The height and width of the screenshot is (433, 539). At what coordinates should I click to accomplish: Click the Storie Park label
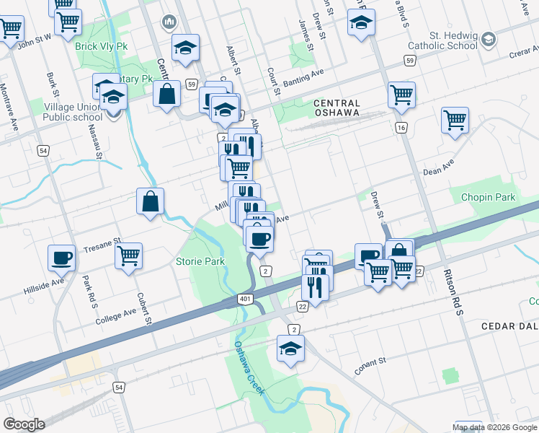[x=200, y=261]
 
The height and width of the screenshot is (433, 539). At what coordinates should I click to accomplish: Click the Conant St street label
[x=370, y=366]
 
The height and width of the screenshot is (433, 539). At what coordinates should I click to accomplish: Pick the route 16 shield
[x=401, y=128]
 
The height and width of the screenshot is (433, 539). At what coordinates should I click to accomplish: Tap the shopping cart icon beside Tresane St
[x=128, y=255]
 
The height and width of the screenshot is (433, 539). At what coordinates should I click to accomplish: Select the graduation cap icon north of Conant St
[x=290, y=349]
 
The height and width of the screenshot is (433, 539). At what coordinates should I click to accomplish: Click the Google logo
[x=24, y=424]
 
